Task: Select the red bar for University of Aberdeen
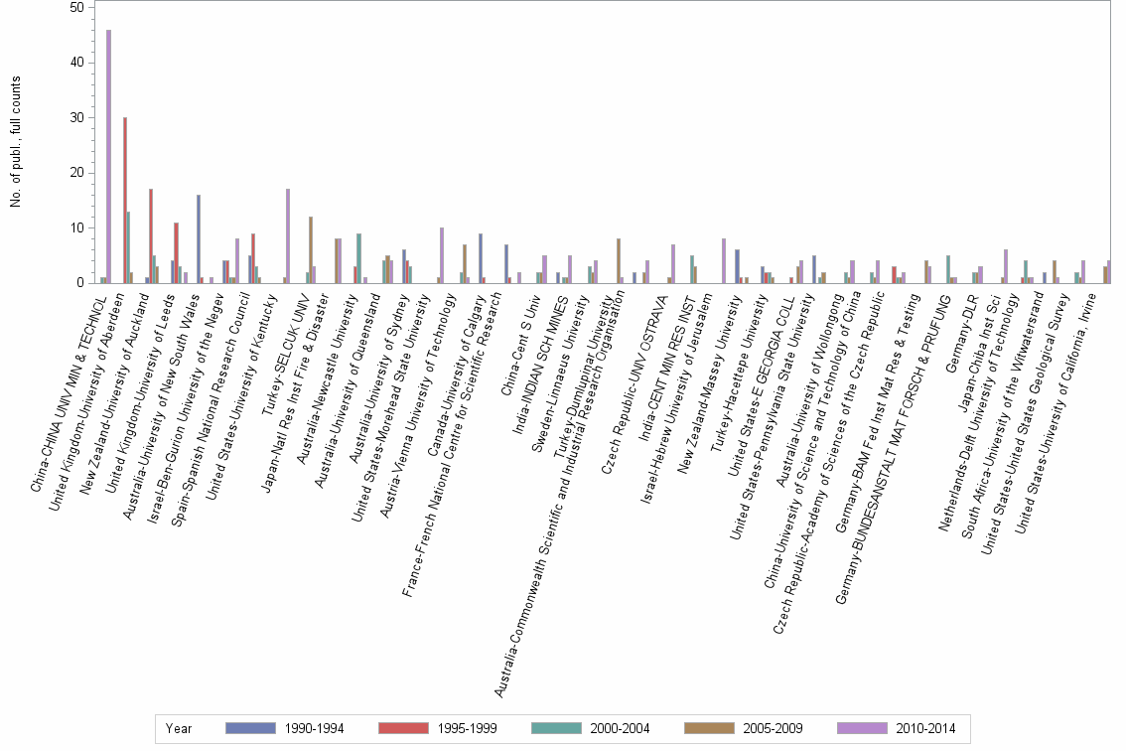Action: coord(125,200)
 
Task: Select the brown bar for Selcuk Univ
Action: coord(311,249)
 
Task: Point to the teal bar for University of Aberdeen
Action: coord(129,247)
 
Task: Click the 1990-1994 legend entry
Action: coord(283,728)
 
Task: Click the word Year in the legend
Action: coord(180,728)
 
